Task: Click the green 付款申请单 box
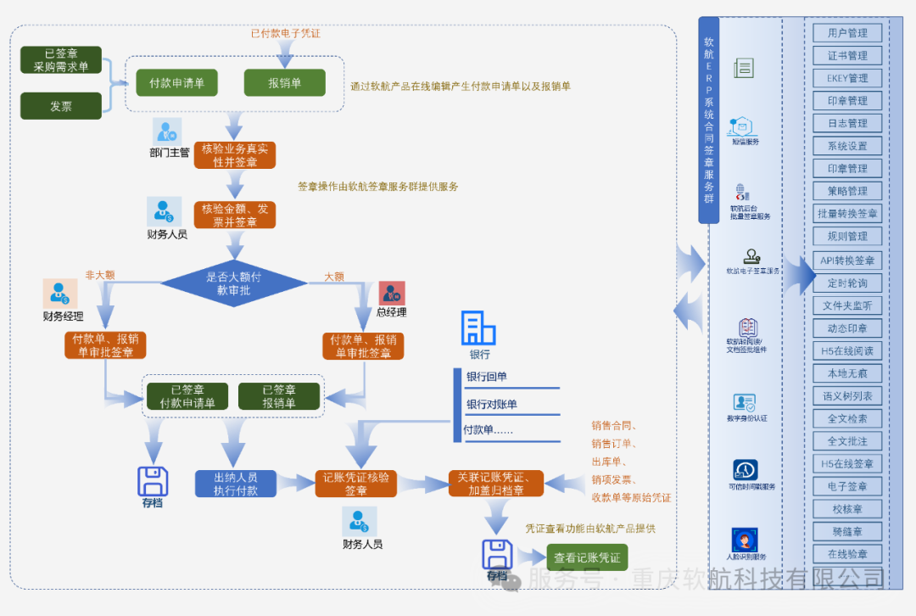tap(176, 82)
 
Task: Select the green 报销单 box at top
tap(285, 82)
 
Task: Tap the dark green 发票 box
tap(60, 106)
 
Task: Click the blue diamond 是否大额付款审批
tap(233, 283)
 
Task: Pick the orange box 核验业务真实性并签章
tap(235, 155)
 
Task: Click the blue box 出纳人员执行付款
tap(235, 484)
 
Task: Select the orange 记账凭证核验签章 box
tap(356, 484)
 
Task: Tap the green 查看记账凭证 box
tap(587, 557)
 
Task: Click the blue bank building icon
tap(478, 328)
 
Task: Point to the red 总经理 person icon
tap(392, 294)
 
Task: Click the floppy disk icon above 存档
tap(153, 481)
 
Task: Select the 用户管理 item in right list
tap(847, 33)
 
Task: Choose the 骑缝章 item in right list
tap(847, 531)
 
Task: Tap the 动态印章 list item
tap(847, 328)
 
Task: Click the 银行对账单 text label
tap(491, 405)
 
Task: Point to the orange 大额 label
tap(334, 277)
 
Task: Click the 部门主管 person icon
tap(167, 132)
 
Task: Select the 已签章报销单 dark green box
tap(279, 396)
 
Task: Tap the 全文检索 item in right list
tap(847, 418)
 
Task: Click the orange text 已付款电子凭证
tap(285, 34)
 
